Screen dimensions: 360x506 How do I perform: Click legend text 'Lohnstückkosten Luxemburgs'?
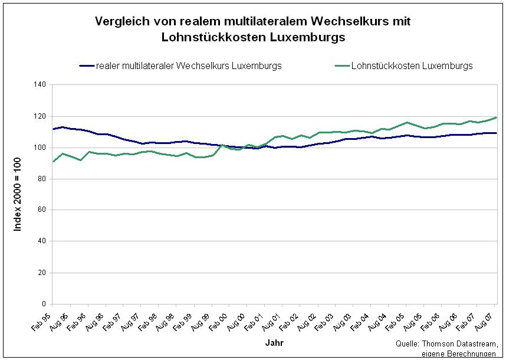point(412,66)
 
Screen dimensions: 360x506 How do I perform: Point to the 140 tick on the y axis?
point(40,85)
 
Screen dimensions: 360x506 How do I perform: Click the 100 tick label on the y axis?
point(40,148)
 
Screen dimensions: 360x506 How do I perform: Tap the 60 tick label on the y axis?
point(42,210)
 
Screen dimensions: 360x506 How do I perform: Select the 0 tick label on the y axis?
point(44,305)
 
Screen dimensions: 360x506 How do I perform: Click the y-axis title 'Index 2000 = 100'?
point(18,195)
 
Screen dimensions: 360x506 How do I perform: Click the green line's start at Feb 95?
point(54,161)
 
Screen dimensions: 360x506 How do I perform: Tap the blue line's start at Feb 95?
point(54,129)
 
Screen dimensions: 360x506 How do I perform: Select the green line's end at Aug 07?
point(497,117)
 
